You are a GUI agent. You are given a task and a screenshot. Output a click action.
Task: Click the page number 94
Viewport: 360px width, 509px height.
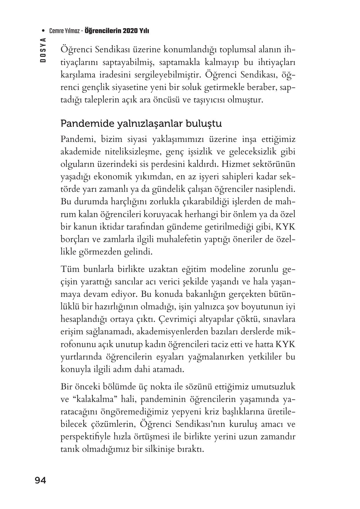coord(40,481)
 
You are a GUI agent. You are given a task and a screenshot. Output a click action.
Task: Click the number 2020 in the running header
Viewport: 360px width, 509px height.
coord(131,31)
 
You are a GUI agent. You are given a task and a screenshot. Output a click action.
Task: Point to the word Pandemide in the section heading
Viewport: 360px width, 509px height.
coord(87,124)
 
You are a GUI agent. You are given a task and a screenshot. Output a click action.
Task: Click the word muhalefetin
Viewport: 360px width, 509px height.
coord(179,240)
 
